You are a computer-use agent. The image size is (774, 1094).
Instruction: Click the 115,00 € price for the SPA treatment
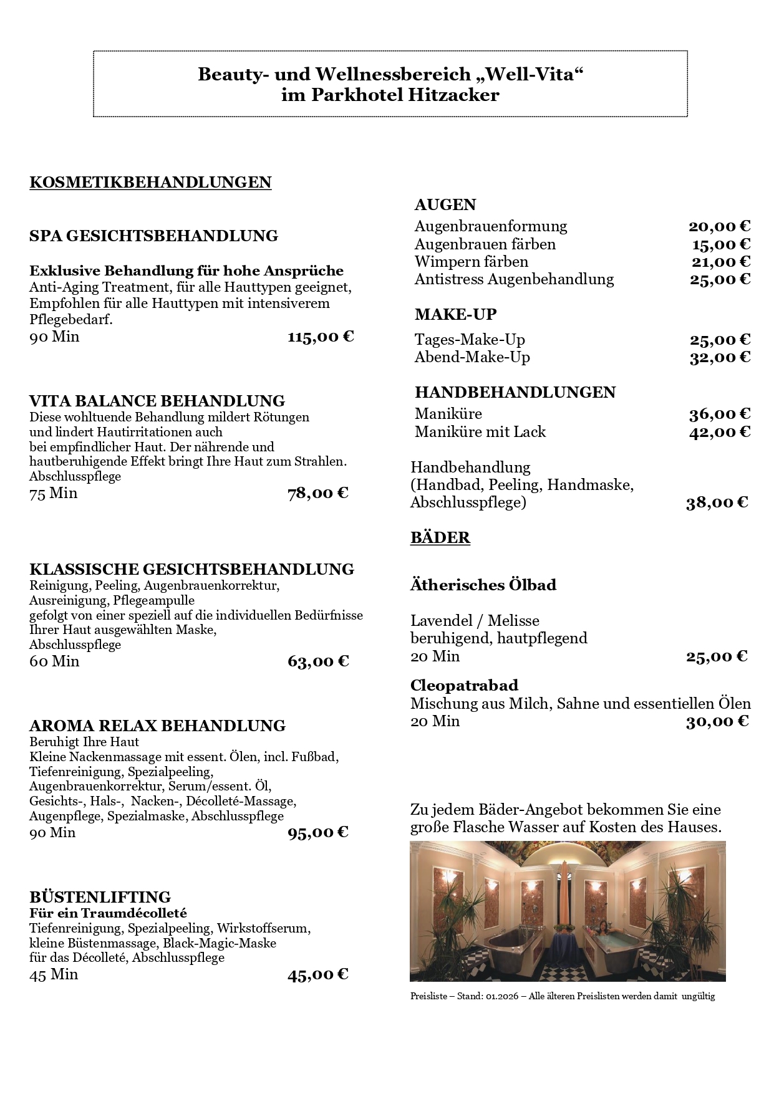point(321,337)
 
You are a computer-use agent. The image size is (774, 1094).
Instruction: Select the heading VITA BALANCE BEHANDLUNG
point(157,401)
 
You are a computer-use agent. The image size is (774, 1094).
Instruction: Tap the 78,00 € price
point(318,494)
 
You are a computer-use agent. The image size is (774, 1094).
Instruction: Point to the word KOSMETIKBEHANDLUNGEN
point(150,183)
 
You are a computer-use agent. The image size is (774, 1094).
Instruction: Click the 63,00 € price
point(318,661)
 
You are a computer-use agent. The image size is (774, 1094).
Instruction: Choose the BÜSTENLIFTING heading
point(100,897)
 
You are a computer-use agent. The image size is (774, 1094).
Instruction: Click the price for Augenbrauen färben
point(721,244)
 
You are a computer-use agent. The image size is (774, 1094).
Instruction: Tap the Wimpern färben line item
point(472,262)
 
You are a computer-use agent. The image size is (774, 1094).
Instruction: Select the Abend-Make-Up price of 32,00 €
point(720,357)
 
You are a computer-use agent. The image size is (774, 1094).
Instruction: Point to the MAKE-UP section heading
point(455,315)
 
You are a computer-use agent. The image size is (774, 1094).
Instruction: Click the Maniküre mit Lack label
point(480,432)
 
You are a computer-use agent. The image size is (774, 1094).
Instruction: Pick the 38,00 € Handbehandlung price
point(717,503)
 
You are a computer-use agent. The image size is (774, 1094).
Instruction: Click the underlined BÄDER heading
point(440,538)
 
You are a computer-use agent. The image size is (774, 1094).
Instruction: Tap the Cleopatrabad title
point(464,686)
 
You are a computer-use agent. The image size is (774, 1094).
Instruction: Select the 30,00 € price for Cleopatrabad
point(717,721)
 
